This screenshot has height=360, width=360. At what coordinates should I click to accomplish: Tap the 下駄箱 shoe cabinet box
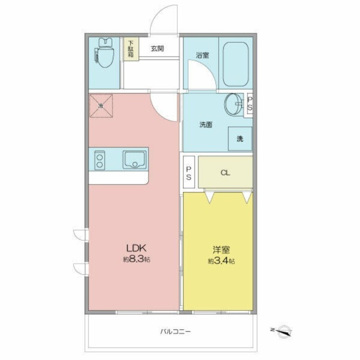pos(131,49)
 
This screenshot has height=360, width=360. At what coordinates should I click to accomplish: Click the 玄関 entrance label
pos(157,49)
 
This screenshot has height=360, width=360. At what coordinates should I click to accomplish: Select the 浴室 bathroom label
pos(202,55)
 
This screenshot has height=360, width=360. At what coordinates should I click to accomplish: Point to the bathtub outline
pos(236,64)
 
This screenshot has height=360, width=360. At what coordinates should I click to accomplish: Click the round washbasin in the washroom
pos(234,104)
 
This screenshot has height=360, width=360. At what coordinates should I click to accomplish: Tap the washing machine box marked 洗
pos(240,139)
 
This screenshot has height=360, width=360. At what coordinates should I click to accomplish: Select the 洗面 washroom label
pos(206,125)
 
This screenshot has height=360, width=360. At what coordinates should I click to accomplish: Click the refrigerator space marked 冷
pos(101,106)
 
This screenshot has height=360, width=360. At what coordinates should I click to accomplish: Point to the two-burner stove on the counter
pos(99,160)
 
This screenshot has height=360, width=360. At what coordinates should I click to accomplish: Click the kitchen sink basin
pos(135,160)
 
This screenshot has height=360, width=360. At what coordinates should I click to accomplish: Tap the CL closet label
pos(225,173)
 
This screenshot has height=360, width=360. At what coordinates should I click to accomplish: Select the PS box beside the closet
pos(189,172)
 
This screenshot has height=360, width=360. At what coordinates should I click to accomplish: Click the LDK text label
pos(136,248)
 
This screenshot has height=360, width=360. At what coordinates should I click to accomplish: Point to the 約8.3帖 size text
pos(137,259)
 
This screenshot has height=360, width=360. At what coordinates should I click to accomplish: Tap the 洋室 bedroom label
pos(221,250)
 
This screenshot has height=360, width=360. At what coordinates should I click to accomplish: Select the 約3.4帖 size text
pos(221,261)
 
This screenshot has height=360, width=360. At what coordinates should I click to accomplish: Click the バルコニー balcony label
pos(175,332)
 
